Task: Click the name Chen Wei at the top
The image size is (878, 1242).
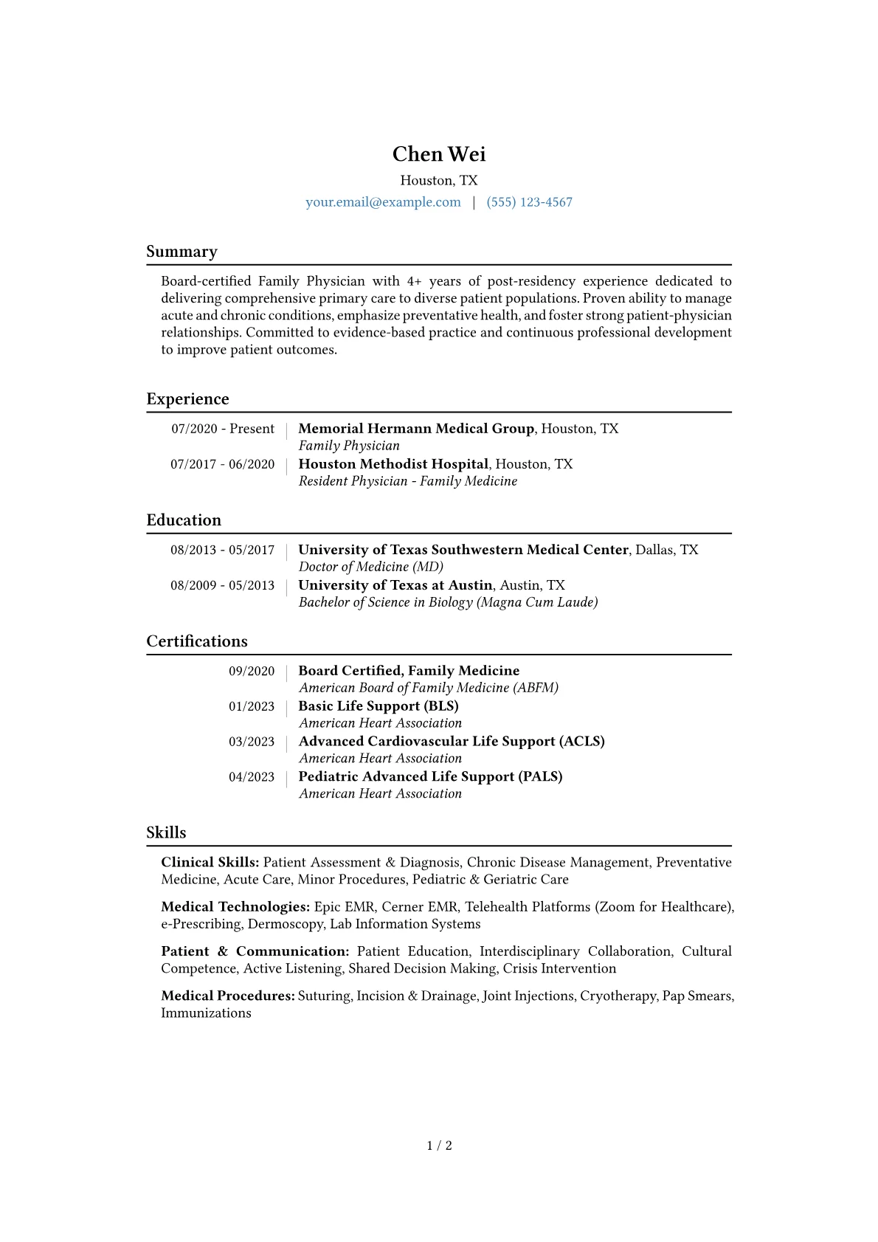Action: coord(439,154)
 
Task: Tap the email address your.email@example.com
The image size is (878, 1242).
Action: coord(383,202)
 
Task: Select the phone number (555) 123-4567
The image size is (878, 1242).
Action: coord(529,202)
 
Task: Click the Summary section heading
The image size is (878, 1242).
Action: coord(182,252)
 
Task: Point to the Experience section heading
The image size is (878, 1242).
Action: coord(187,399)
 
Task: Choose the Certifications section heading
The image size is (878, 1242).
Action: coord(197,641)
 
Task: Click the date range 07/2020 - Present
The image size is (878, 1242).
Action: coord(223,429)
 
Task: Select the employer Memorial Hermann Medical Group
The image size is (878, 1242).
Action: coord(416,429)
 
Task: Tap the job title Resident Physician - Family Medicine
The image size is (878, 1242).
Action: coord(407,481)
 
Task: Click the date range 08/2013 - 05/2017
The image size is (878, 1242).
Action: coord(222,550)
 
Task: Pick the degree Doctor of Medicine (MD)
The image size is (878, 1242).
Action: coord(370,567)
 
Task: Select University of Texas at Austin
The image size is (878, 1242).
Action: coord(395,585)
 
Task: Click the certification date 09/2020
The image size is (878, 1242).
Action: coord(251,671)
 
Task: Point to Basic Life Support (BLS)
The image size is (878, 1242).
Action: coord(378,706)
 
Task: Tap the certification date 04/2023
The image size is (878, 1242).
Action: coord(251,777)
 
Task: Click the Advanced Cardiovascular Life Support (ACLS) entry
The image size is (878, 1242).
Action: coord(451,742)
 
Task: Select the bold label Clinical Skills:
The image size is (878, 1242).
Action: coord(210,863)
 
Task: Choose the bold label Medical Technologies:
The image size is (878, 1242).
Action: coord(235,907)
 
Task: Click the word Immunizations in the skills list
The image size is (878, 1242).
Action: coord(206,1013)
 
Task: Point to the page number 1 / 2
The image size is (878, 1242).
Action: coord(439,1146)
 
